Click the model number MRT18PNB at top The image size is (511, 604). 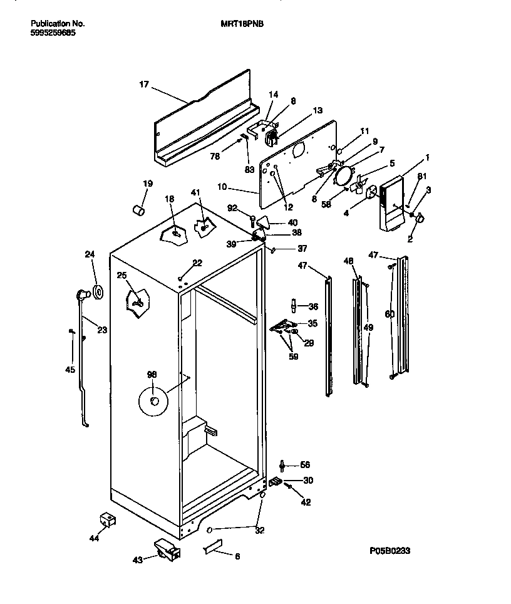click(237, 24)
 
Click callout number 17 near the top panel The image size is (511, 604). click(144, 84)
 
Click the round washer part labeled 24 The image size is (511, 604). click(98, 291)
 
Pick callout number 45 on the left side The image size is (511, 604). click(70, 370)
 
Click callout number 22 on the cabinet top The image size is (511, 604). click(197, 263)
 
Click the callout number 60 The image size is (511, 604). click(390, 314)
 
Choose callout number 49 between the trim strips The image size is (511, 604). click(368, 327)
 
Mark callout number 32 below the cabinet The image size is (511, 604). click(260, 531)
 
